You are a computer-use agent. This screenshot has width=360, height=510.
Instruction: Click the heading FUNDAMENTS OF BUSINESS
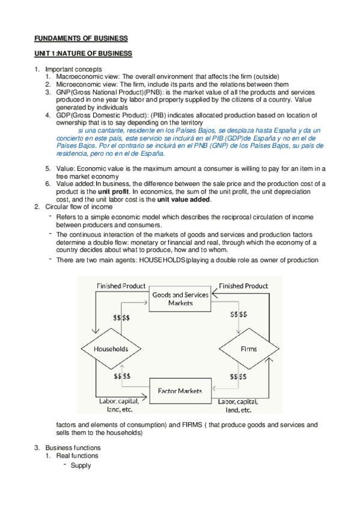click(80, 38)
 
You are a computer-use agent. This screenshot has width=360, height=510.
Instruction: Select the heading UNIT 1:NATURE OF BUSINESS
click(82, 54)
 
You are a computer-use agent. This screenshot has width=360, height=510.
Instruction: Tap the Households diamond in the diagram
click(111, 349)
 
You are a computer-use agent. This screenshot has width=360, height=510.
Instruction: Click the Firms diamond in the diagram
click(248, 349)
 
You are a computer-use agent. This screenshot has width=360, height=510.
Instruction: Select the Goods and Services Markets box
click(181, 299)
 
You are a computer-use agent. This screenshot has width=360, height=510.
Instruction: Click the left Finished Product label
click(121, 286)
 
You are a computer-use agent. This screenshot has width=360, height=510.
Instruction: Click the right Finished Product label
click(243, 286)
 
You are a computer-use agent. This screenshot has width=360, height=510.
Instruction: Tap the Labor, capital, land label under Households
click(118, 405)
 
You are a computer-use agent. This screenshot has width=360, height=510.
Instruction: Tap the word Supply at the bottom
click(81, 465)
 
